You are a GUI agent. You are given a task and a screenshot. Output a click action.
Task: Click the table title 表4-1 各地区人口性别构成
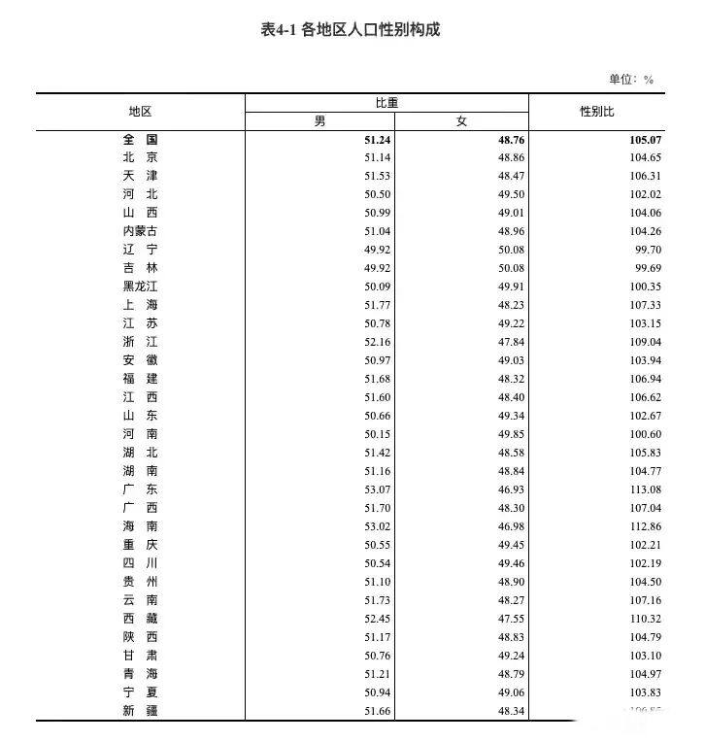pos(351,30)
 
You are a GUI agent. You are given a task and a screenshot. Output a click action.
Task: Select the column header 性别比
pos(596,112)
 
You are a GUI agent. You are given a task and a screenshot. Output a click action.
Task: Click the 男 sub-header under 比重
pos(319,121)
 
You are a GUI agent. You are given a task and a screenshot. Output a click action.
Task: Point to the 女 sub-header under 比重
pos(461,121)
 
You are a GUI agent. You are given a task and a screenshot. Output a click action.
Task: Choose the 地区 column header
pos(140,112)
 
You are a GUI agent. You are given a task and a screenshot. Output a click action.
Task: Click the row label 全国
pos(140,139)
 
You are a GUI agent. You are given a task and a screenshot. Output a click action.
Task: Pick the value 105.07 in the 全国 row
pos(645,139)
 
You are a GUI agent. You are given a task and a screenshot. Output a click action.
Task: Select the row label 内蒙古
pos(140,231)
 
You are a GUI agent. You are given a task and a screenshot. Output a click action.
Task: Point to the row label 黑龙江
pos(140,287)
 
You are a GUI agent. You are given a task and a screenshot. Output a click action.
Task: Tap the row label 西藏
pos(140,619)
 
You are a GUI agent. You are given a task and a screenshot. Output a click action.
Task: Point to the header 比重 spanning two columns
pos(386,102)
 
